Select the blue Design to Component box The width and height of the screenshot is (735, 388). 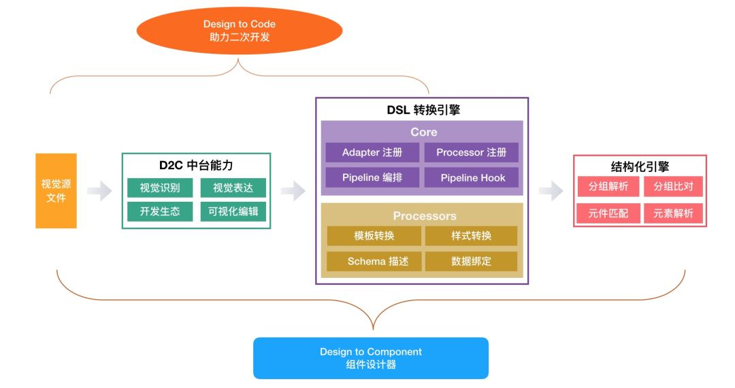coord(371,358)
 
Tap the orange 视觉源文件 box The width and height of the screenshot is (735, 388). coord(56,191)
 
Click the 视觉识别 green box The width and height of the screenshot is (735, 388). coord(160,188)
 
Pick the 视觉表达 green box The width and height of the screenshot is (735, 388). coord(233,188)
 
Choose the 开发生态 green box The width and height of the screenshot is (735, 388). coord(160,211)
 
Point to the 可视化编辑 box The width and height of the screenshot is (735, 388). coord(233,211)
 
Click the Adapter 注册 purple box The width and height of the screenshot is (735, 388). coord(372,152)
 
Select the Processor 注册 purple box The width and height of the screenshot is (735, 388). coord(471,152)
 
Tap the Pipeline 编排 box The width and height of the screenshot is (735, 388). coord(372,178)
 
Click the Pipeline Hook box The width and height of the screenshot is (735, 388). coord(471,178)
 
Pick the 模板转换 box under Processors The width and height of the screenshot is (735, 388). coord(374,236)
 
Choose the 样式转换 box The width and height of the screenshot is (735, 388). coord(471,236)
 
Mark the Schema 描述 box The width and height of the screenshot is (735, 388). coord(374,261)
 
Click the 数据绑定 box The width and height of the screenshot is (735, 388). coord(471,261)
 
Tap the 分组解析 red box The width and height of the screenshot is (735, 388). coord(608,187)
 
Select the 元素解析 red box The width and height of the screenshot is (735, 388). coord(673,213)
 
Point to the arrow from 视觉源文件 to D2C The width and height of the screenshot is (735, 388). coord(99,192)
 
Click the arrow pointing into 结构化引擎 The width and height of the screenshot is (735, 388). coord(551,192)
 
